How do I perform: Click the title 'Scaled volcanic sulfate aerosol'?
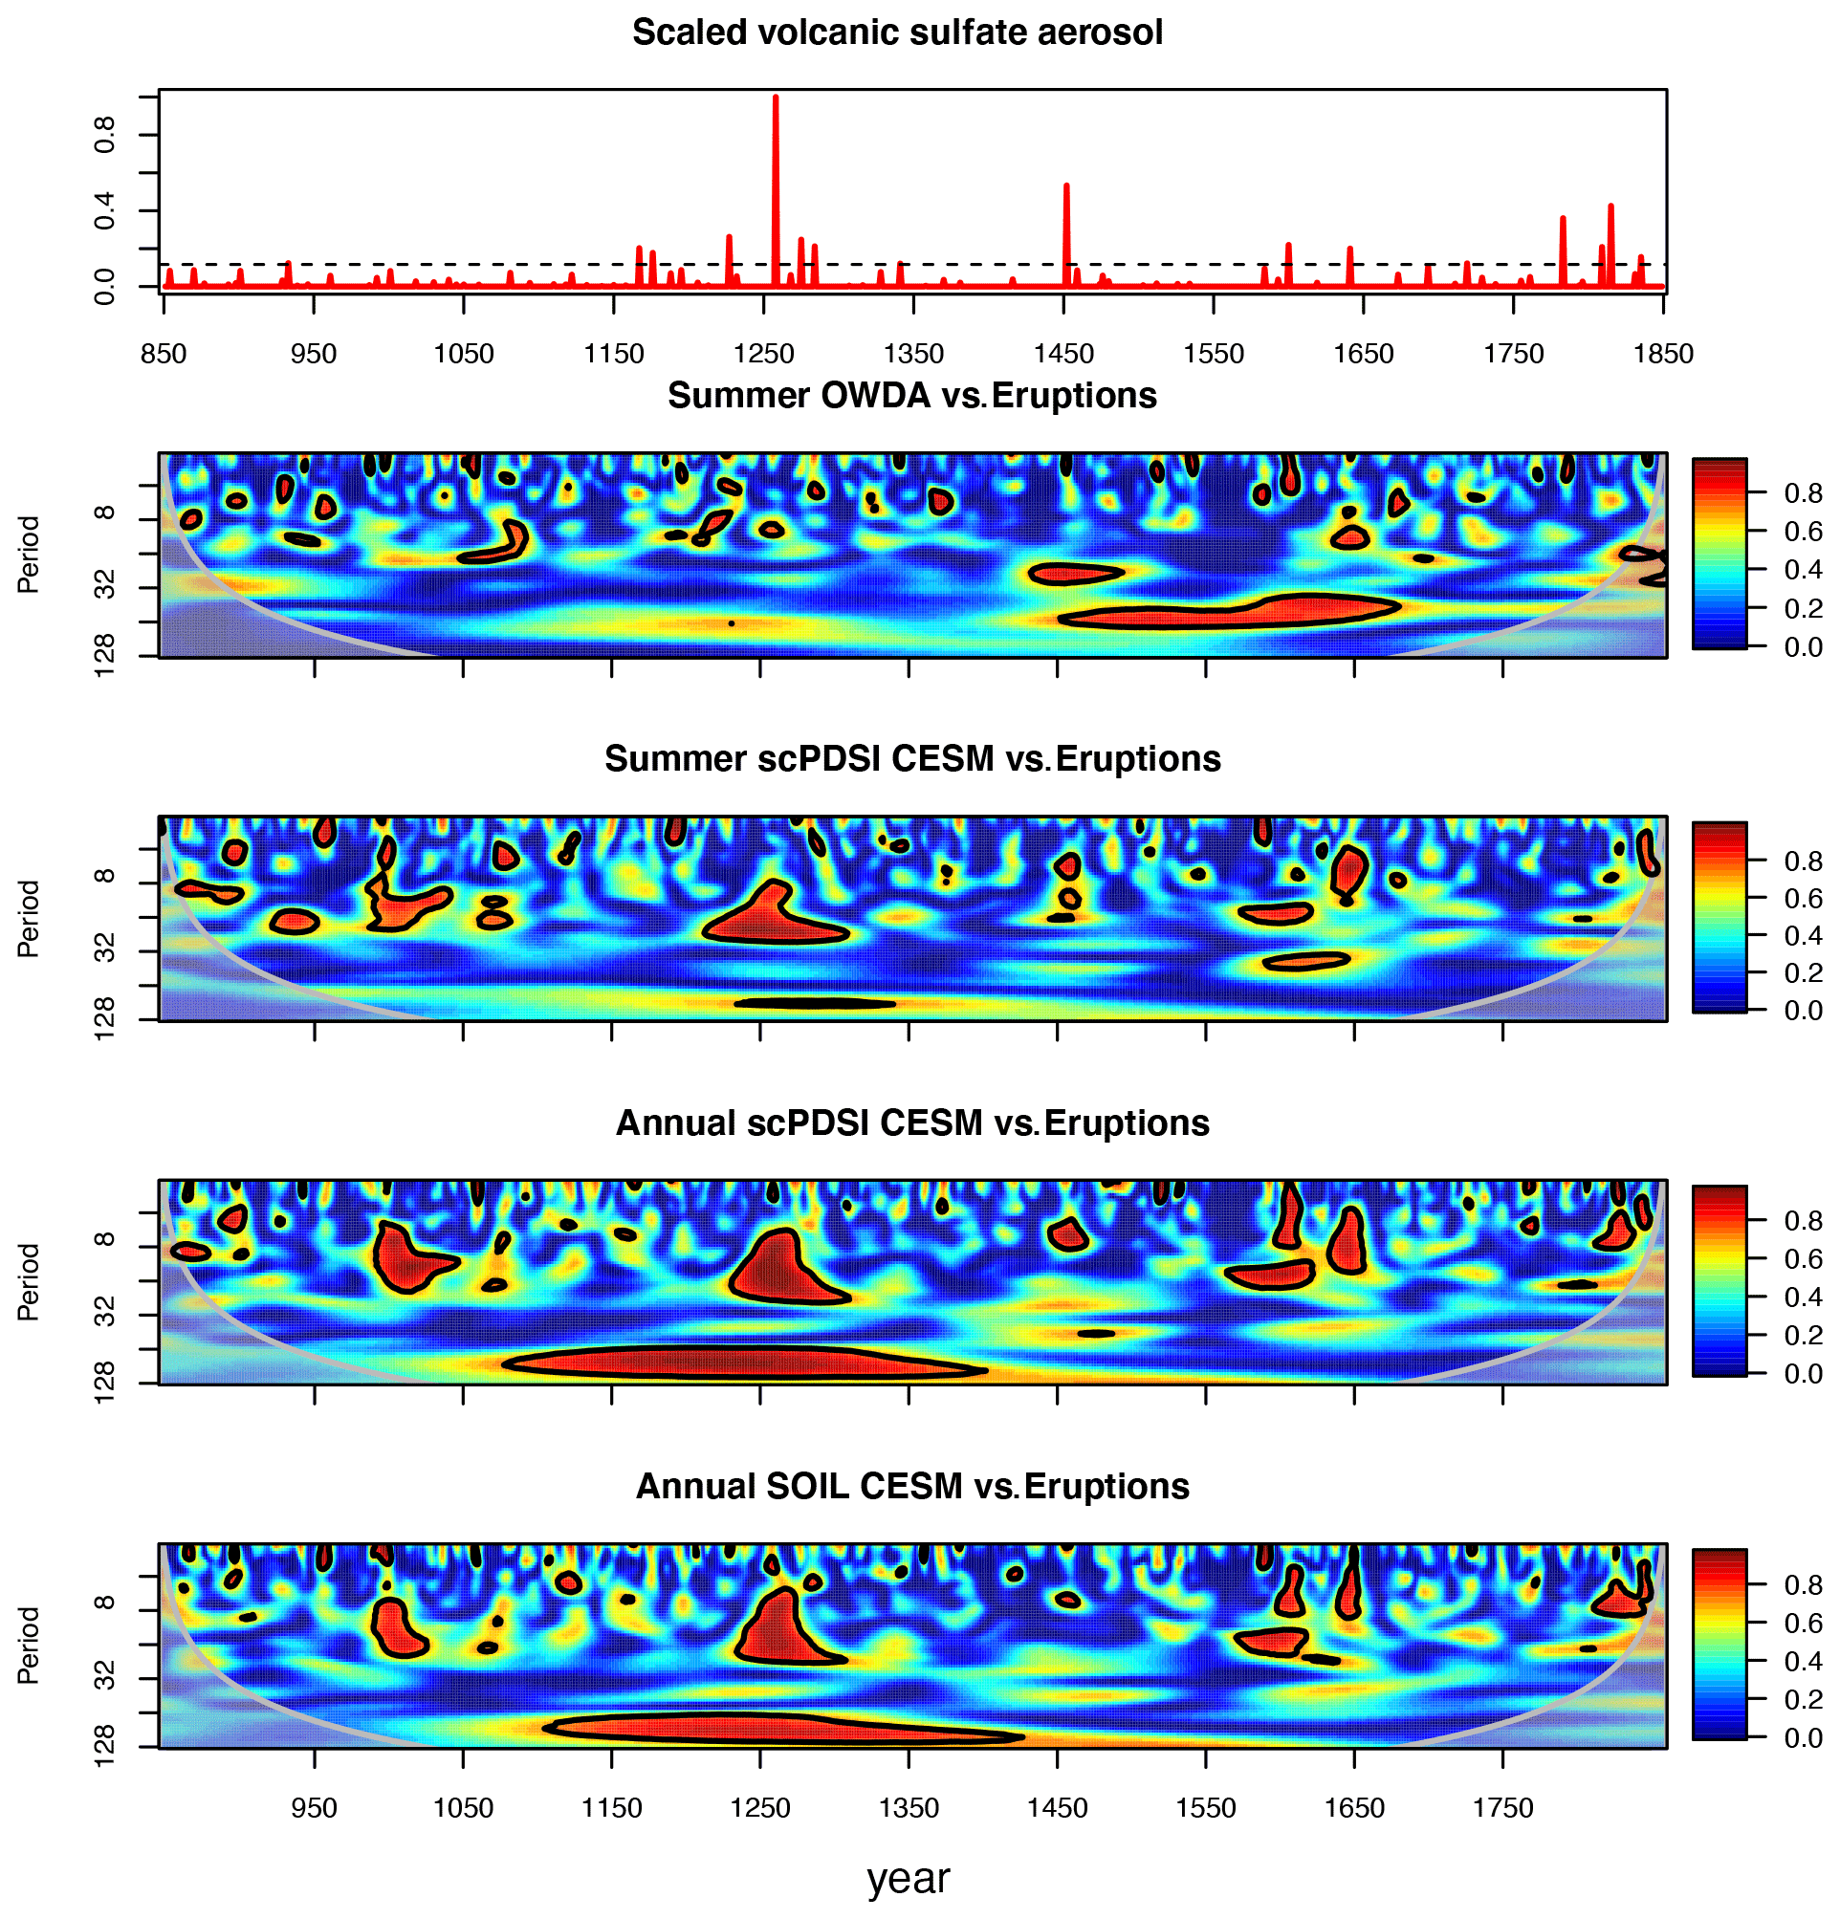(x=897, y=33)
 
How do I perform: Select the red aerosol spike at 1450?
(x=1066, y=235)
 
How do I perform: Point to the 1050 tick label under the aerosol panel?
(x=463, y=354)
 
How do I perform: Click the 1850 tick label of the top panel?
(x=1663, y=354)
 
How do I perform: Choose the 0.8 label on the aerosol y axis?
(x=104, y=134)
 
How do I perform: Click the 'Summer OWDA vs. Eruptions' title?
(x=911, y=396)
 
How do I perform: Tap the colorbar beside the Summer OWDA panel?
(x=1719, y=554)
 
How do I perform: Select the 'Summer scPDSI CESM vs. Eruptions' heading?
(x=911, y=759)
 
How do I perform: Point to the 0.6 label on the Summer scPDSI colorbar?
(x=1803, y=899)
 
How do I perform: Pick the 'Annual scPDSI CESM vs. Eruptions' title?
(x=911, y=1123)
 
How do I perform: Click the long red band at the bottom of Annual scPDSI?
(x=744, y=1363)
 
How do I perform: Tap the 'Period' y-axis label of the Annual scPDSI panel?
(x=29, y=1281)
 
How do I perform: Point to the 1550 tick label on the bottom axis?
(x=1205, y=1807)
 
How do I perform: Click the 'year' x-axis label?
(x=908, y=1878)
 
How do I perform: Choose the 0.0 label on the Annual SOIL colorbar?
(x=1803, y=1738)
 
